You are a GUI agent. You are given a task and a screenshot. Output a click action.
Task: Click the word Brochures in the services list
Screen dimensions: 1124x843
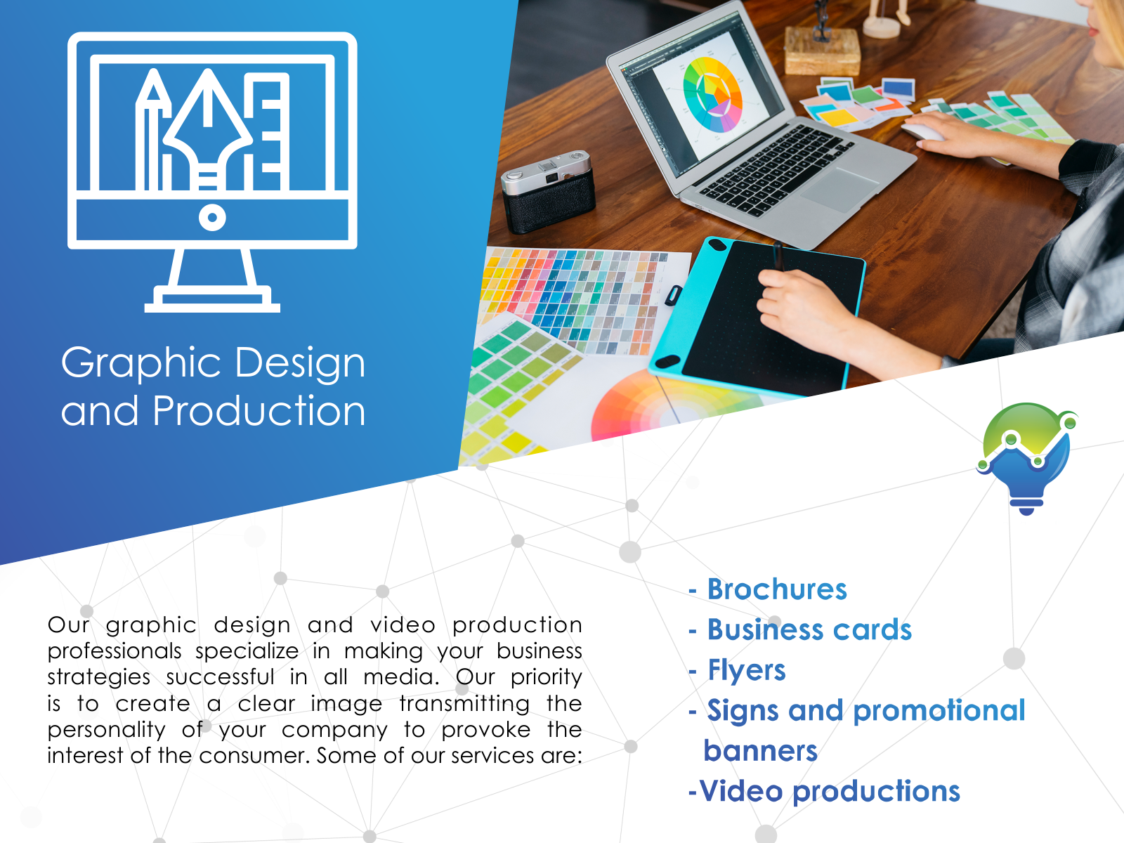[x=777, y=589]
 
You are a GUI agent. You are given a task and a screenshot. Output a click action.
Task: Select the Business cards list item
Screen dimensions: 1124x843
[x=809, y=629]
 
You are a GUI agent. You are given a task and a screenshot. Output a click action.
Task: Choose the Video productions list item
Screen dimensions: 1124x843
[x=825, y=792]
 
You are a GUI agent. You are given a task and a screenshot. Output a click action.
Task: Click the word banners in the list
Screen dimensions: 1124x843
[x=760, y=751]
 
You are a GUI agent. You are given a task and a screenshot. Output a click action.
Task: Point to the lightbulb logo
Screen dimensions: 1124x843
[x=1027, y=459]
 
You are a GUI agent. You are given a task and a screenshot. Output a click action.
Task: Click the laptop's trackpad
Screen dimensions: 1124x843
[x=839, y=190]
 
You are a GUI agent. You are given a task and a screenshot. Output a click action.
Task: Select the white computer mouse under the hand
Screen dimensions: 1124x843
[x=922, y=131]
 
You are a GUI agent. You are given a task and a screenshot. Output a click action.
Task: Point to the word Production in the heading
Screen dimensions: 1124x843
[x=259, y=410]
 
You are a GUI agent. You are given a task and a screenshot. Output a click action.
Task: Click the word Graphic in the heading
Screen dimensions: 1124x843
[x=140, y=363]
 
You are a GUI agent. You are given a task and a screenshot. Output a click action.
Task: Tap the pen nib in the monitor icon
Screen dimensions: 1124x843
[x=207, y=128]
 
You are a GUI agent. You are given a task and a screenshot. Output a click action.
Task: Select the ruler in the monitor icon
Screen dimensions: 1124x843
[x=266, y=131]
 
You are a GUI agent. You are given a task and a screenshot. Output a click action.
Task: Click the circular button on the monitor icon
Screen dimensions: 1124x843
[x=212, y=218]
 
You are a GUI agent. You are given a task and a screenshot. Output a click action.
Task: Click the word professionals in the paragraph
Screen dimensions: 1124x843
[x=115, y=652]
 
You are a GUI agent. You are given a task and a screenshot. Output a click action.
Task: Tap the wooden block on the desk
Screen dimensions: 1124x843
[x=823, y=51]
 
